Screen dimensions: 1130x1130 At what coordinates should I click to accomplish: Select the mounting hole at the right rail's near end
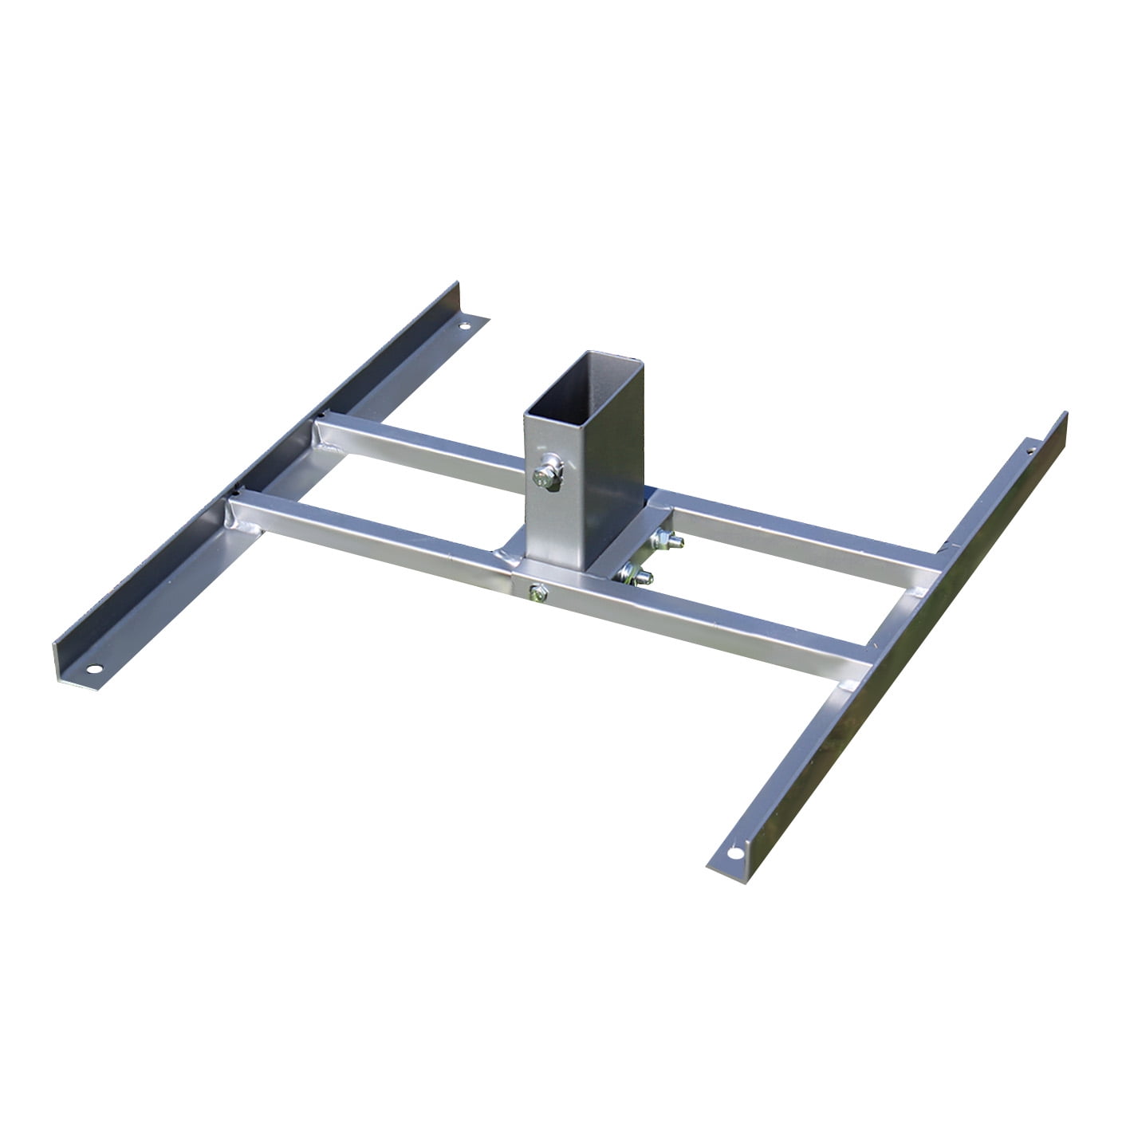coord(734,852)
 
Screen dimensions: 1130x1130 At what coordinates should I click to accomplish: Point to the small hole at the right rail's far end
coord(1030,450)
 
